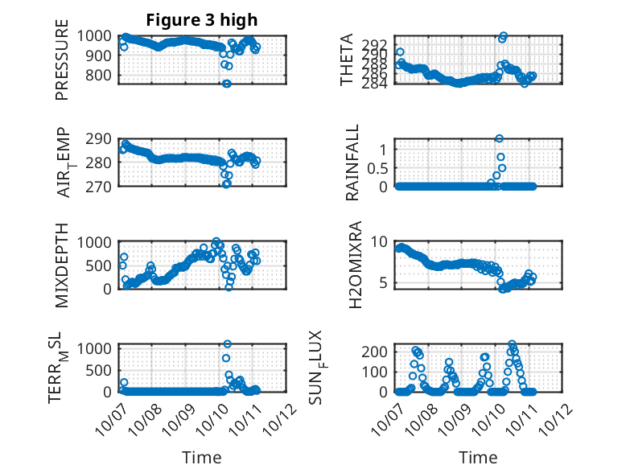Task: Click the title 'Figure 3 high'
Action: point(201,20)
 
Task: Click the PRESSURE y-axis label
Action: point(63,65)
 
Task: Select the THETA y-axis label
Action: point(347,60)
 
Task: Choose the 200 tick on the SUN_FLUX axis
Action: point(377,352)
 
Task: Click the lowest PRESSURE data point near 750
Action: point(227,84)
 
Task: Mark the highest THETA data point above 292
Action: point(504,36)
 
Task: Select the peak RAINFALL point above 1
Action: point(500,138)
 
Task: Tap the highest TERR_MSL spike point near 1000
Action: point(227,344)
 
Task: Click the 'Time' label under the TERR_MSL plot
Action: point(201,458)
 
